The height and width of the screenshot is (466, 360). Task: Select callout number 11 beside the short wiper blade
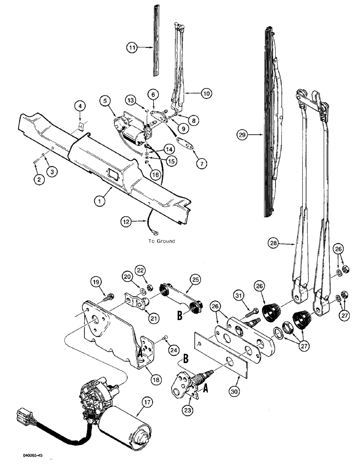[x=132, y=47]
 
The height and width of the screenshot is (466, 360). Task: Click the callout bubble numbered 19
[x=96, y=281]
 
